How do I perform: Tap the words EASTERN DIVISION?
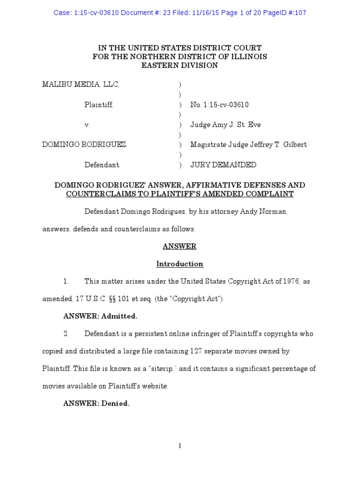(x=180, y=66)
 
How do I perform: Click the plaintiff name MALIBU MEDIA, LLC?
(x=81, y=84)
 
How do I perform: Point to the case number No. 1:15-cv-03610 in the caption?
(x=219, y=105)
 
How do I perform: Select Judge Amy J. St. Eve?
(x=225, y=125)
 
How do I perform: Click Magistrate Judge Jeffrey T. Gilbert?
(x=248, y=145)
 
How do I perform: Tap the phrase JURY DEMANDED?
(x=223, y=165)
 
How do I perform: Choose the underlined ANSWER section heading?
(x=180, y=246)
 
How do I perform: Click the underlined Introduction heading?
(x=180, y=264)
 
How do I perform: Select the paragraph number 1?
(x=66, y=281)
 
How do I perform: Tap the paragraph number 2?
(x=66, y=334)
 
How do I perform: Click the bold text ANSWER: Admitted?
(x=100, y=316)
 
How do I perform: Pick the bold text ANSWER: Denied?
(x=96, y=404)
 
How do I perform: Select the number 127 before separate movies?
(x=196, y=351)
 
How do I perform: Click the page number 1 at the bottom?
(x=180, y=446)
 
